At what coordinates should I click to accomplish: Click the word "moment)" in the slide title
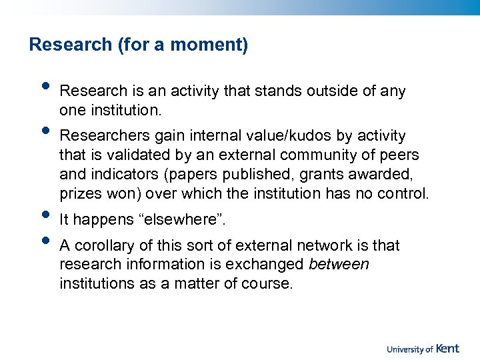209,45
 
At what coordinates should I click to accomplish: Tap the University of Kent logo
423,349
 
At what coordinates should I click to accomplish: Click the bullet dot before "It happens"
45,214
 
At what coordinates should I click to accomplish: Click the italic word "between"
339,265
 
